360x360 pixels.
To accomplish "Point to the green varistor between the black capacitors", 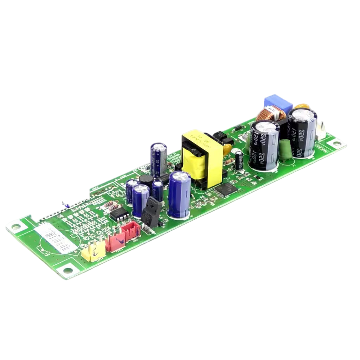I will pos(285,151).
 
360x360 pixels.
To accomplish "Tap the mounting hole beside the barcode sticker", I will pos(14,227).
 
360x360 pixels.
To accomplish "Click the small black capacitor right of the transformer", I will pos(239,160).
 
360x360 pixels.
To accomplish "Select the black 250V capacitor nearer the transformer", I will pos(264,144).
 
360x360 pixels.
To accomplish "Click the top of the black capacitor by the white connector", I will pos(302,116).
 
